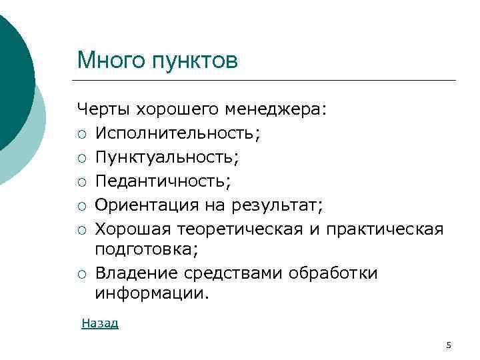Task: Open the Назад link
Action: (100, 323)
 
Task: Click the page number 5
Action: (449, 345)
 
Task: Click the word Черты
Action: (104, 109)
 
